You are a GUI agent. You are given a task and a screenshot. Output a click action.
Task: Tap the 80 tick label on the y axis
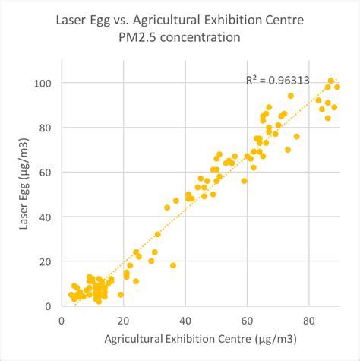coord(46,128)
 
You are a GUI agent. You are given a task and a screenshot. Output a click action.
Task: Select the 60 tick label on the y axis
coord(46,173)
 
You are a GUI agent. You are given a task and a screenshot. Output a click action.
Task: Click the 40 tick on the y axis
coord(46,217)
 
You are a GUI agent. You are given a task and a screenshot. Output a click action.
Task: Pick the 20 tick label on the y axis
coord(46,262)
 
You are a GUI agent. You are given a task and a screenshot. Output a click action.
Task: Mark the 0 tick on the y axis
coord(49,306)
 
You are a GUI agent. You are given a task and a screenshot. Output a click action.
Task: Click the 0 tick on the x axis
coord(62,319)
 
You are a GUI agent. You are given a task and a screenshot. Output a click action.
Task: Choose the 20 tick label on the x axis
coord(123,319)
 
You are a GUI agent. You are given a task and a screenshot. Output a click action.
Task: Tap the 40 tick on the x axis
coord(185,319)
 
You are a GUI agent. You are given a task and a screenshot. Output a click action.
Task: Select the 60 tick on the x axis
coord(247,319)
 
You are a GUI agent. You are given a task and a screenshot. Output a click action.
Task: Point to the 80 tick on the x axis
coord(308,319)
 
